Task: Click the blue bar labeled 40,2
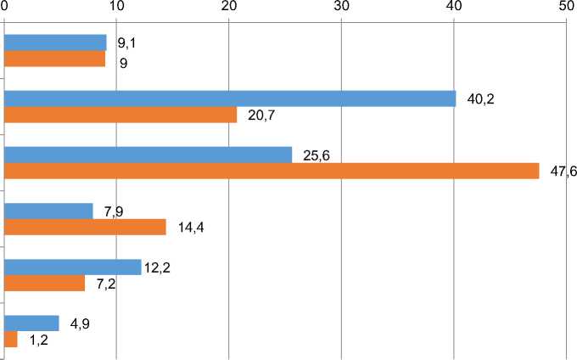(230, 98)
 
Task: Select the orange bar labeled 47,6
(272, 171)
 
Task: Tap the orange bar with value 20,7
(120, 115)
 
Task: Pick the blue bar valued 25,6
(148, 155)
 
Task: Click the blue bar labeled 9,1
(55, 42)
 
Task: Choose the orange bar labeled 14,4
(85, 227)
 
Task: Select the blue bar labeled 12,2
(72, 267)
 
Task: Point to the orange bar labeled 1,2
(10, 340)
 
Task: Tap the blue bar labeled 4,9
(31, 323)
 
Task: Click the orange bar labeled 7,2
(44, 284)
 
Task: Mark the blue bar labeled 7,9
(48, 211)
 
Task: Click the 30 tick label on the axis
(341, 7)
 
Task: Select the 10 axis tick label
(117, 7)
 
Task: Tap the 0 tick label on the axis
(5, 7)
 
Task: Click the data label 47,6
(563, 172)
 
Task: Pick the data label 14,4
(193, 228)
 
